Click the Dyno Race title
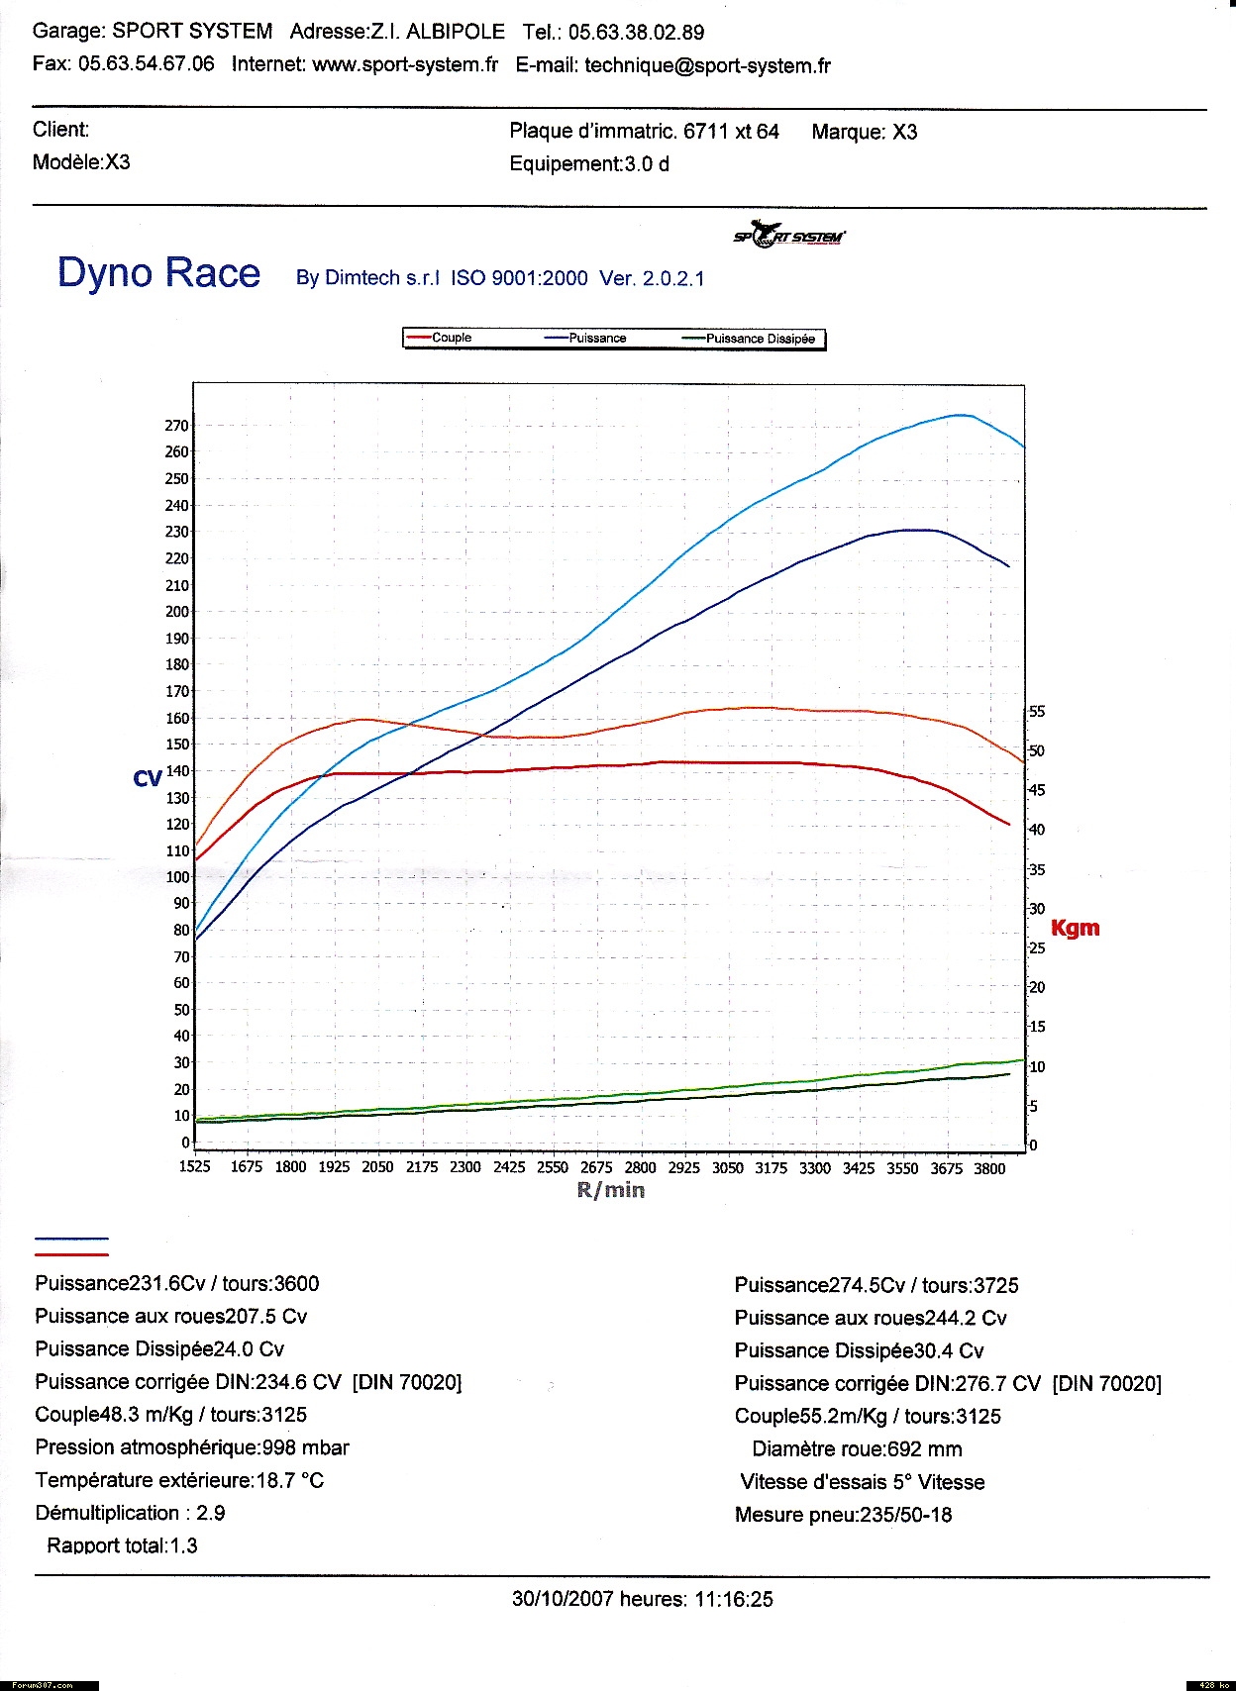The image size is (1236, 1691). click(159, 273)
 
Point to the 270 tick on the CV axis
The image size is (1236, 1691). click(176, 426)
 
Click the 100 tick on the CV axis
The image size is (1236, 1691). click(177, 877)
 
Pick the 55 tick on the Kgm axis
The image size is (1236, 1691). click(1037, 712)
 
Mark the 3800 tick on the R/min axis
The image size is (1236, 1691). click(989, 1168)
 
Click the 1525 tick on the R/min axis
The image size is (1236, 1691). click(195, 1167)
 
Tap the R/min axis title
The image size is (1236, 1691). click(611, 1190)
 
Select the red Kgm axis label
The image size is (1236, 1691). click(1075, 929)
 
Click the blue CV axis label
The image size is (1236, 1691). click(147, 779)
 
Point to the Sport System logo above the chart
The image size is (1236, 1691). click(789, 236)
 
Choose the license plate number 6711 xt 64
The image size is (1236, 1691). click(731, 132)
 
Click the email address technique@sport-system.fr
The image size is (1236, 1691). click(707, 66)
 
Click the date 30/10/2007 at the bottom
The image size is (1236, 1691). click(563, 1599)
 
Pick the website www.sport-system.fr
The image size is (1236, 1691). click(405, 65)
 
